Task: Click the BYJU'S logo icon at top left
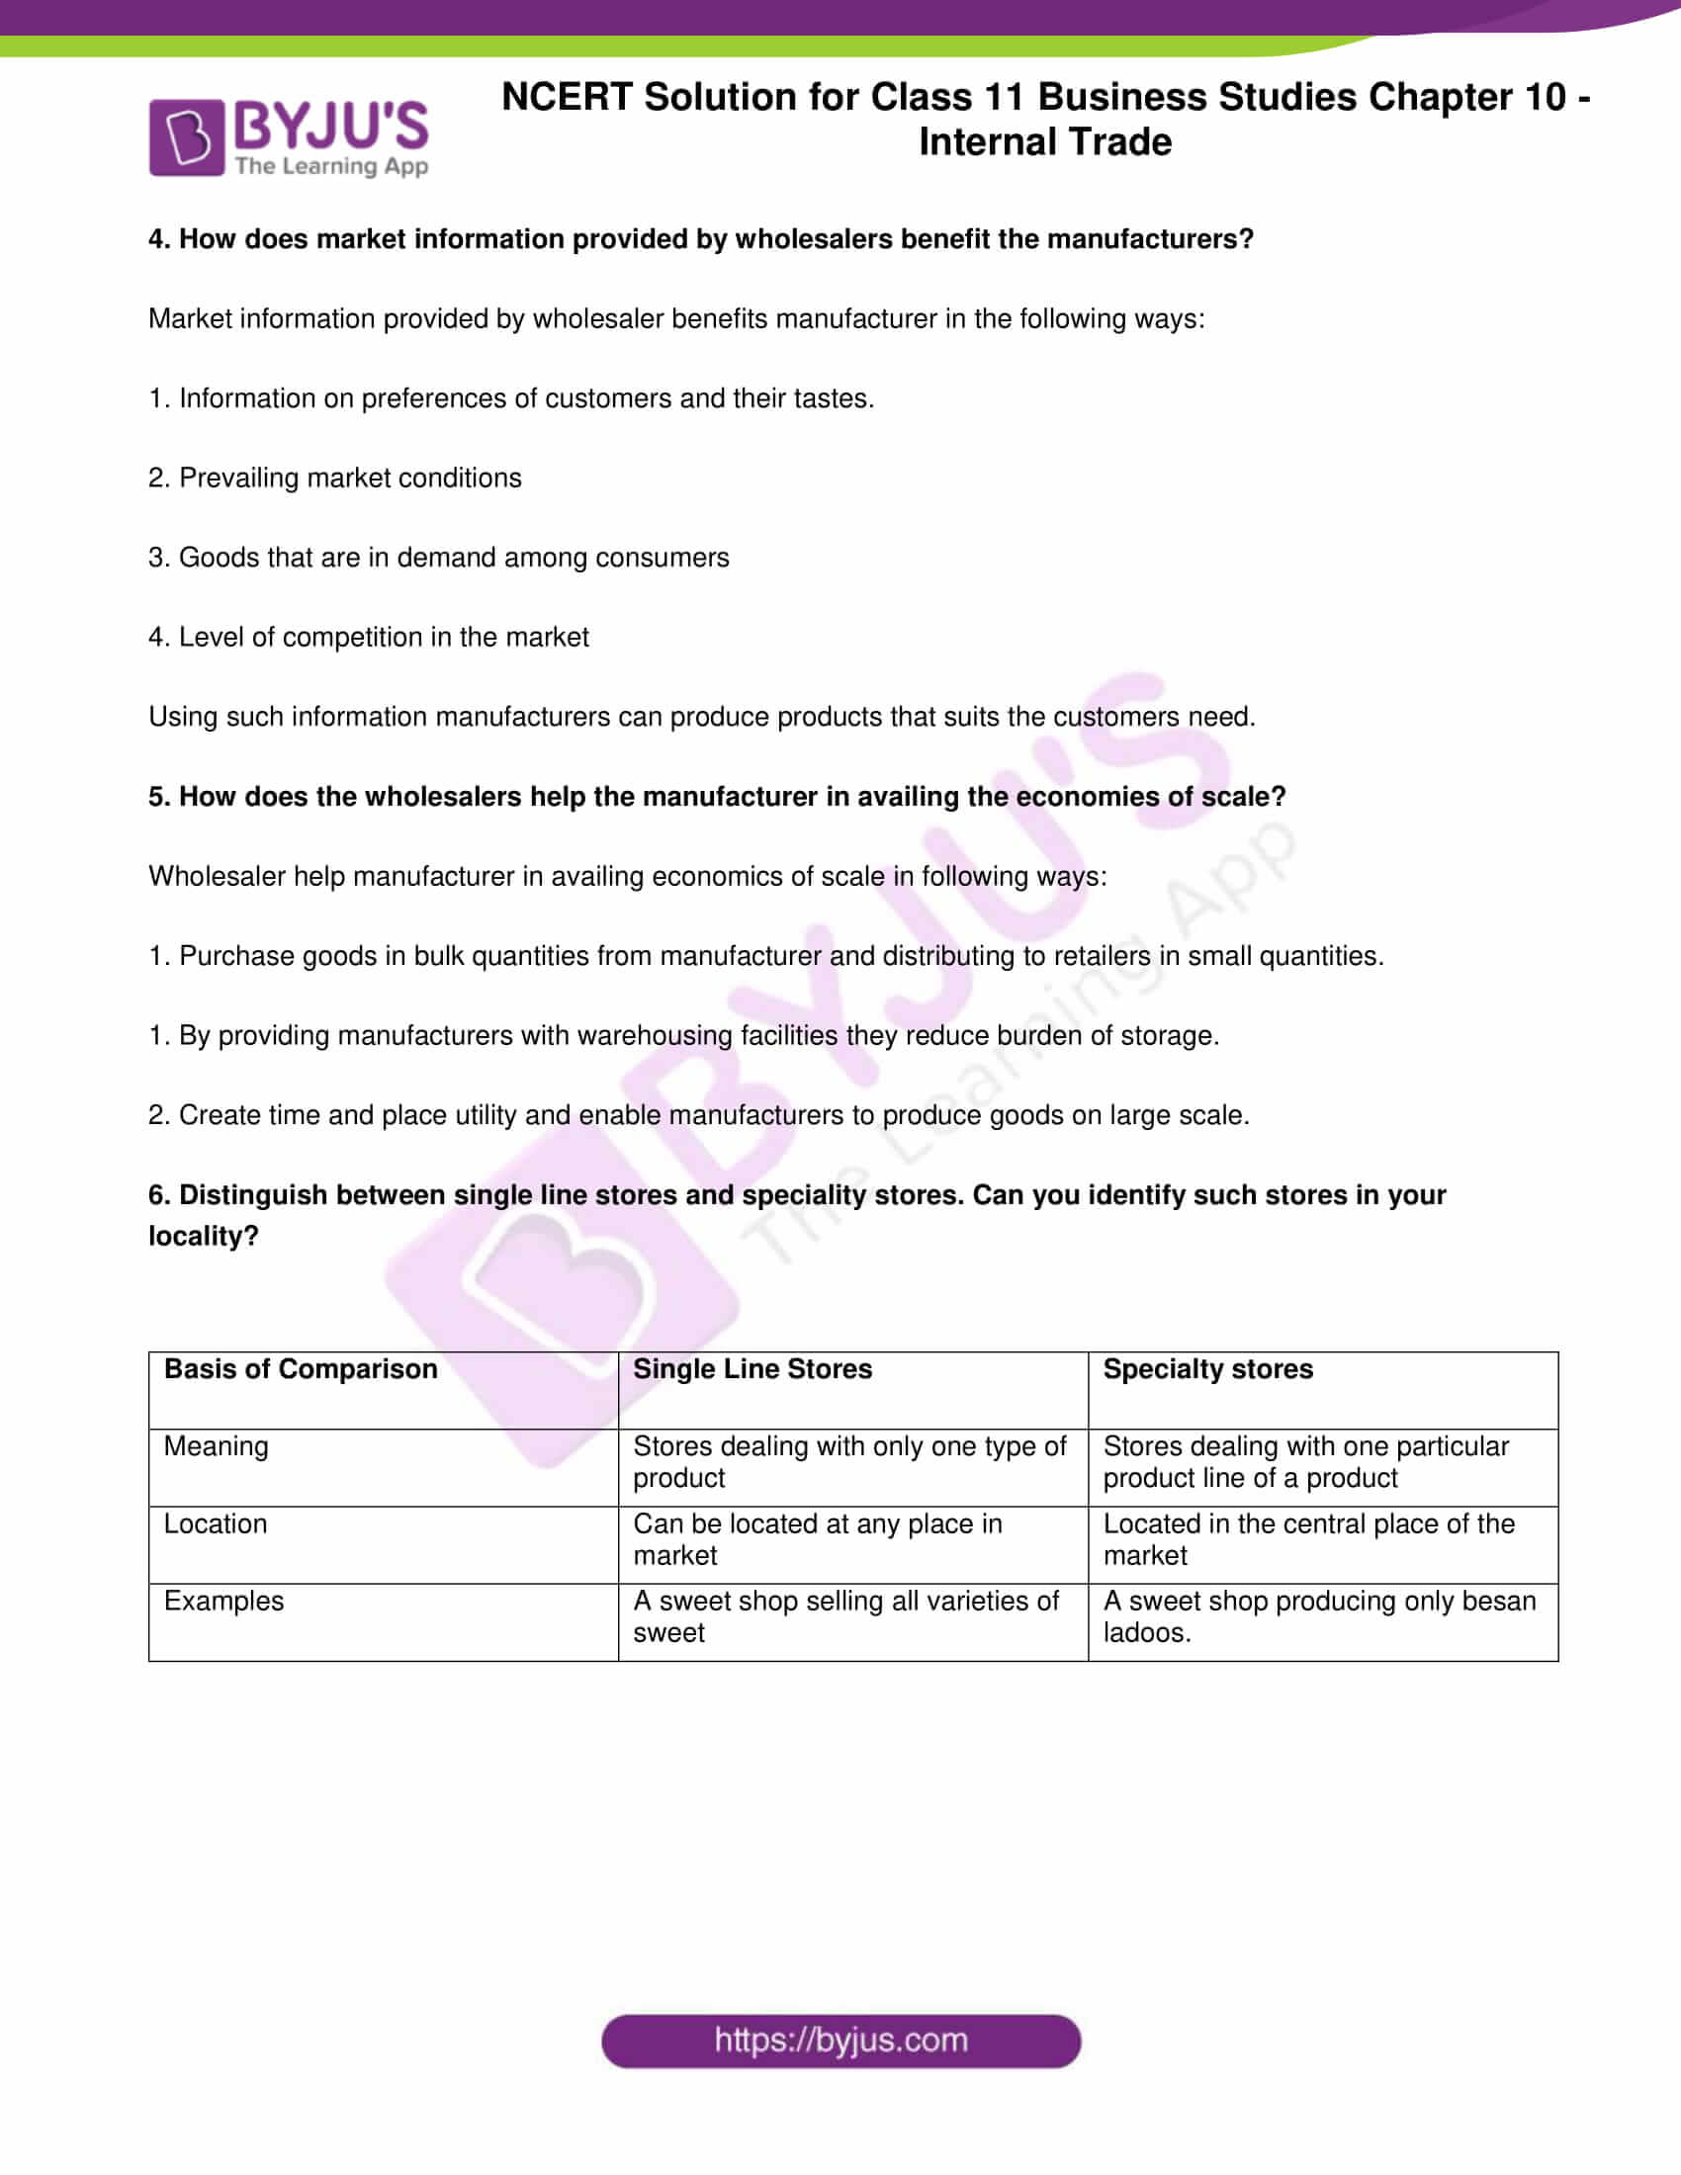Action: (x=186, y=137)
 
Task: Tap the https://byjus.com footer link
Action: (x=840, y=2041)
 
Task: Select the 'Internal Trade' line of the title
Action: (x=1044, y=142)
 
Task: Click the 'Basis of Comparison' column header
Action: (x=300, y=1369)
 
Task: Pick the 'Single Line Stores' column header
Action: (x=752, y=1369)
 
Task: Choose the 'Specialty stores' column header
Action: (x=1207, y=1369)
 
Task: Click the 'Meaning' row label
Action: (x=217, y=1446)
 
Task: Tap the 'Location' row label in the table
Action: (x=216, y=1523)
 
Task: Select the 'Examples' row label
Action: (x=223, y=1601)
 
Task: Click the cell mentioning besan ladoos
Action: (x=1318, y=1616)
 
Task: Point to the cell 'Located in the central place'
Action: (x=1308, y=1539)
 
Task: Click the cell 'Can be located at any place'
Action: (x=817, y=1539)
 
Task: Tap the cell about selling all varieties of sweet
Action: (x=845, y=1616)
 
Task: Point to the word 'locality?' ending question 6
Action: (x=203, y=1236)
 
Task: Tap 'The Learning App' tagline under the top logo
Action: (x=331, y=166)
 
